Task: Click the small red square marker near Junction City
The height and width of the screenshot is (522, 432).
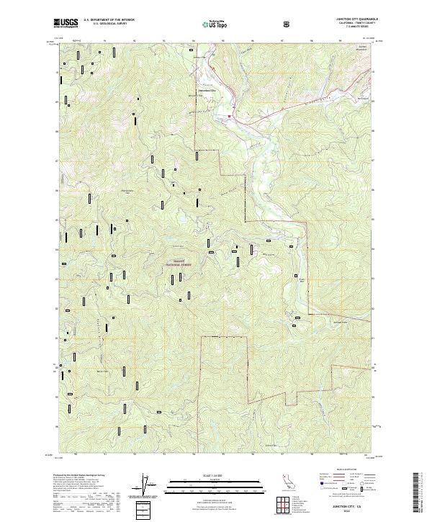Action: point(230,116)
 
